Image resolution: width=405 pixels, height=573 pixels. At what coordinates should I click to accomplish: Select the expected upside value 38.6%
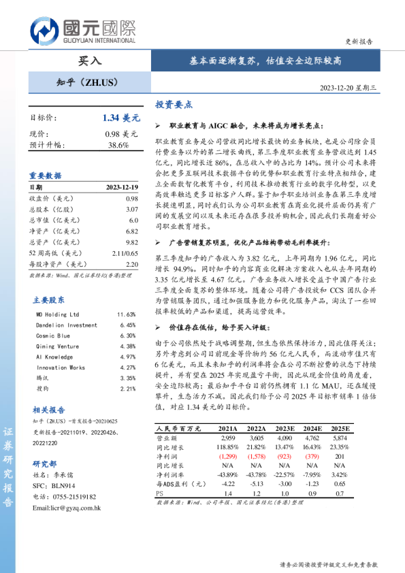point(118,145)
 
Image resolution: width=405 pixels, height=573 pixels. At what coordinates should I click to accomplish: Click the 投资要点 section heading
point(174,105)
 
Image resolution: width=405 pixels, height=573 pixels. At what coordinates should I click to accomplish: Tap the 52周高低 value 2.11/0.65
point(124,253)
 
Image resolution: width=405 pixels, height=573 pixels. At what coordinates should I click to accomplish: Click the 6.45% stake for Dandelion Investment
point(127,325)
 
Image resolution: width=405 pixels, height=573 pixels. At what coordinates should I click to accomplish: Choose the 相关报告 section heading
point(49,410)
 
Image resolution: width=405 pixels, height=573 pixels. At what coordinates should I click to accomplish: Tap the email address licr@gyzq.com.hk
point(66,508)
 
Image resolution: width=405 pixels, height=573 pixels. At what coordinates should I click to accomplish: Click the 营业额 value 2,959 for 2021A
point(228,438)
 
